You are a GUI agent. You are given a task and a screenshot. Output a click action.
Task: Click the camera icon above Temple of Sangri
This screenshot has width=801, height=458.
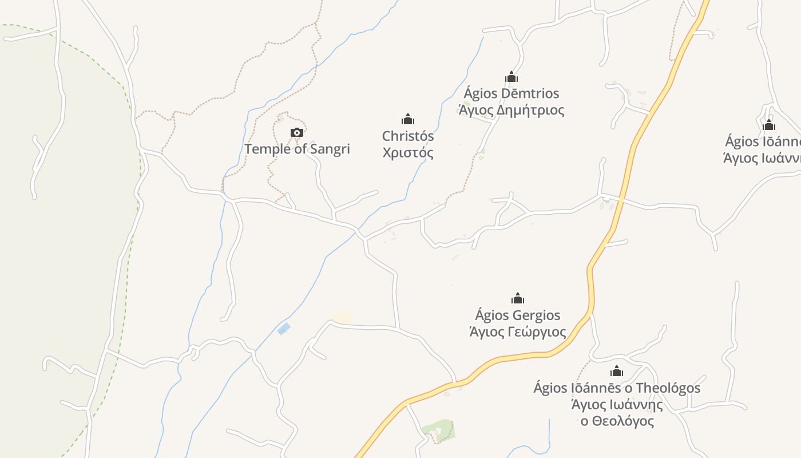296,133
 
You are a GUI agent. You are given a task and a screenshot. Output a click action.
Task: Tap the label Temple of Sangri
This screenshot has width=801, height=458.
297,149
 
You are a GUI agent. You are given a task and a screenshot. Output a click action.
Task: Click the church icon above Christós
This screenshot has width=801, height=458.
407,119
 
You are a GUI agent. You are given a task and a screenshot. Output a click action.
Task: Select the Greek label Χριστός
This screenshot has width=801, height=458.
407,153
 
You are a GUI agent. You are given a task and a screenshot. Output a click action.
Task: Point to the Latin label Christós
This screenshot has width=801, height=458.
407,136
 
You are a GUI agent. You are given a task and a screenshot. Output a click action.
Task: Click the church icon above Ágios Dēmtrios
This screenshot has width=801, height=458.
511,77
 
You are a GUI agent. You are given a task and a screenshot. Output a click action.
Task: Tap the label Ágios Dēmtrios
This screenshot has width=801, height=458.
511,93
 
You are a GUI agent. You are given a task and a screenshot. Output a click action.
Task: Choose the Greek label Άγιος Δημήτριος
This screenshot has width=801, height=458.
511,110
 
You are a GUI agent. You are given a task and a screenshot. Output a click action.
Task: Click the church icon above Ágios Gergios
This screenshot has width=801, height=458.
518,298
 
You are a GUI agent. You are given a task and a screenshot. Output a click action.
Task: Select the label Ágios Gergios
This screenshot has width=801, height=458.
518,315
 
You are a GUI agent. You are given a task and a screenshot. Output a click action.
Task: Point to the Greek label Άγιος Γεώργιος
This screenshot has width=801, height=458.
518,332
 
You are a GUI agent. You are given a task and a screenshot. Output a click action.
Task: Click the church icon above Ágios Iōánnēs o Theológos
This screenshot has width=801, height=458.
616,371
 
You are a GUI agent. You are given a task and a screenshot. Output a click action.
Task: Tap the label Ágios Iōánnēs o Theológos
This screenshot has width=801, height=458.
616,388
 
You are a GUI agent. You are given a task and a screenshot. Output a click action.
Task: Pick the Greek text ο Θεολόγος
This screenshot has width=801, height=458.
617,421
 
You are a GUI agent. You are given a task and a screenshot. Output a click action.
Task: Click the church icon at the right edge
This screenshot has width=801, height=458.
769,125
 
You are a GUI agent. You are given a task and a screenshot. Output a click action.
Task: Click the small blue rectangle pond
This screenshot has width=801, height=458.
283,329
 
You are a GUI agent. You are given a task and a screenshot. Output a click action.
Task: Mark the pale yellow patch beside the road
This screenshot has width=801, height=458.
342,316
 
